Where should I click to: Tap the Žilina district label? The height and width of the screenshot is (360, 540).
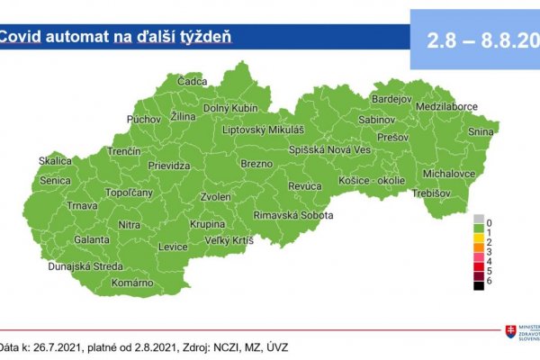pos(182,118)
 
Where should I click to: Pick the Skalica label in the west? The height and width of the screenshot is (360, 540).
pos(54,162)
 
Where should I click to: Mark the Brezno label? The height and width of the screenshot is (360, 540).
pos(256,164)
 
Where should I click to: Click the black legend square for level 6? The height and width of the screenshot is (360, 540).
pos(479,285)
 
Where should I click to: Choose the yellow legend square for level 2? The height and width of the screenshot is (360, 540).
pos(479,242)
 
